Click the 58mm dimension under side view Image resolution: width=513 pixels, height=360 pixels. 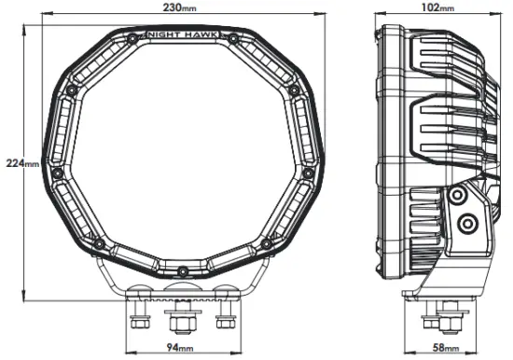(448, 347)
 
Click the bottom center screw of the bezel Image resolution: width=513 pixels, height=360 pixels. (183, 270)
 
